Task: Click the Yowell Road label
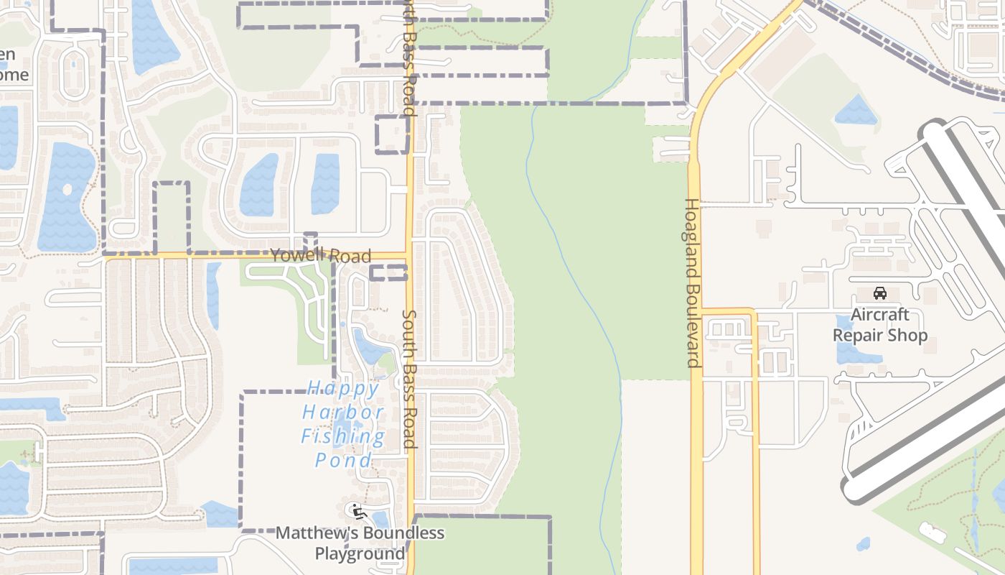coord(321,256)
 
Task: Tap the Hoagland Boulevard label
coord(692,282)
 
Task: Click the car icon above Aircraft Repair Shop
coord(880,293)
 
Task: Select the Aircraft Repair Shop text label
coord(880,325)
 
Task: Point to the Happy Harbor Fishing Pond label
coord(344,425)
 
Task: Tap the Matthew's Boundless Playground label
coord(360,543)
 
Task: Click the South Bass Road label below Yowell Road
coord(409,379)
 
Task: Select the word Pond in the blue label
coord(344,461)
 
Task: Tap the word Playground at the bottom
coord(360,554)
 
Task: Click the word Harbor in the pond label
coord(344,413)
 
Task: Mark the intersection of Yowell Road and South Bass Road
coord(410,255)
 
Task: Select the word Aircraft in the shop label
coord(880,315)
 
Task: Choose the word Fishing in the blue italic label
coord(344,437)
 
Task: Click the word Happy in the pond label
coord(344,390)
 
